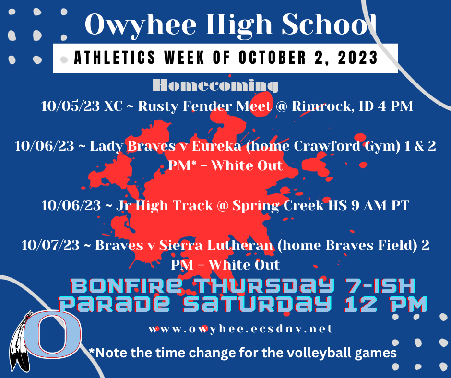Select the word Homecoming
(215, 86)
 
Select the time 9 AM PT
(379, 206)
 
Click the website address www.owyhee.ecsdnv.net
(240, 330)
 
